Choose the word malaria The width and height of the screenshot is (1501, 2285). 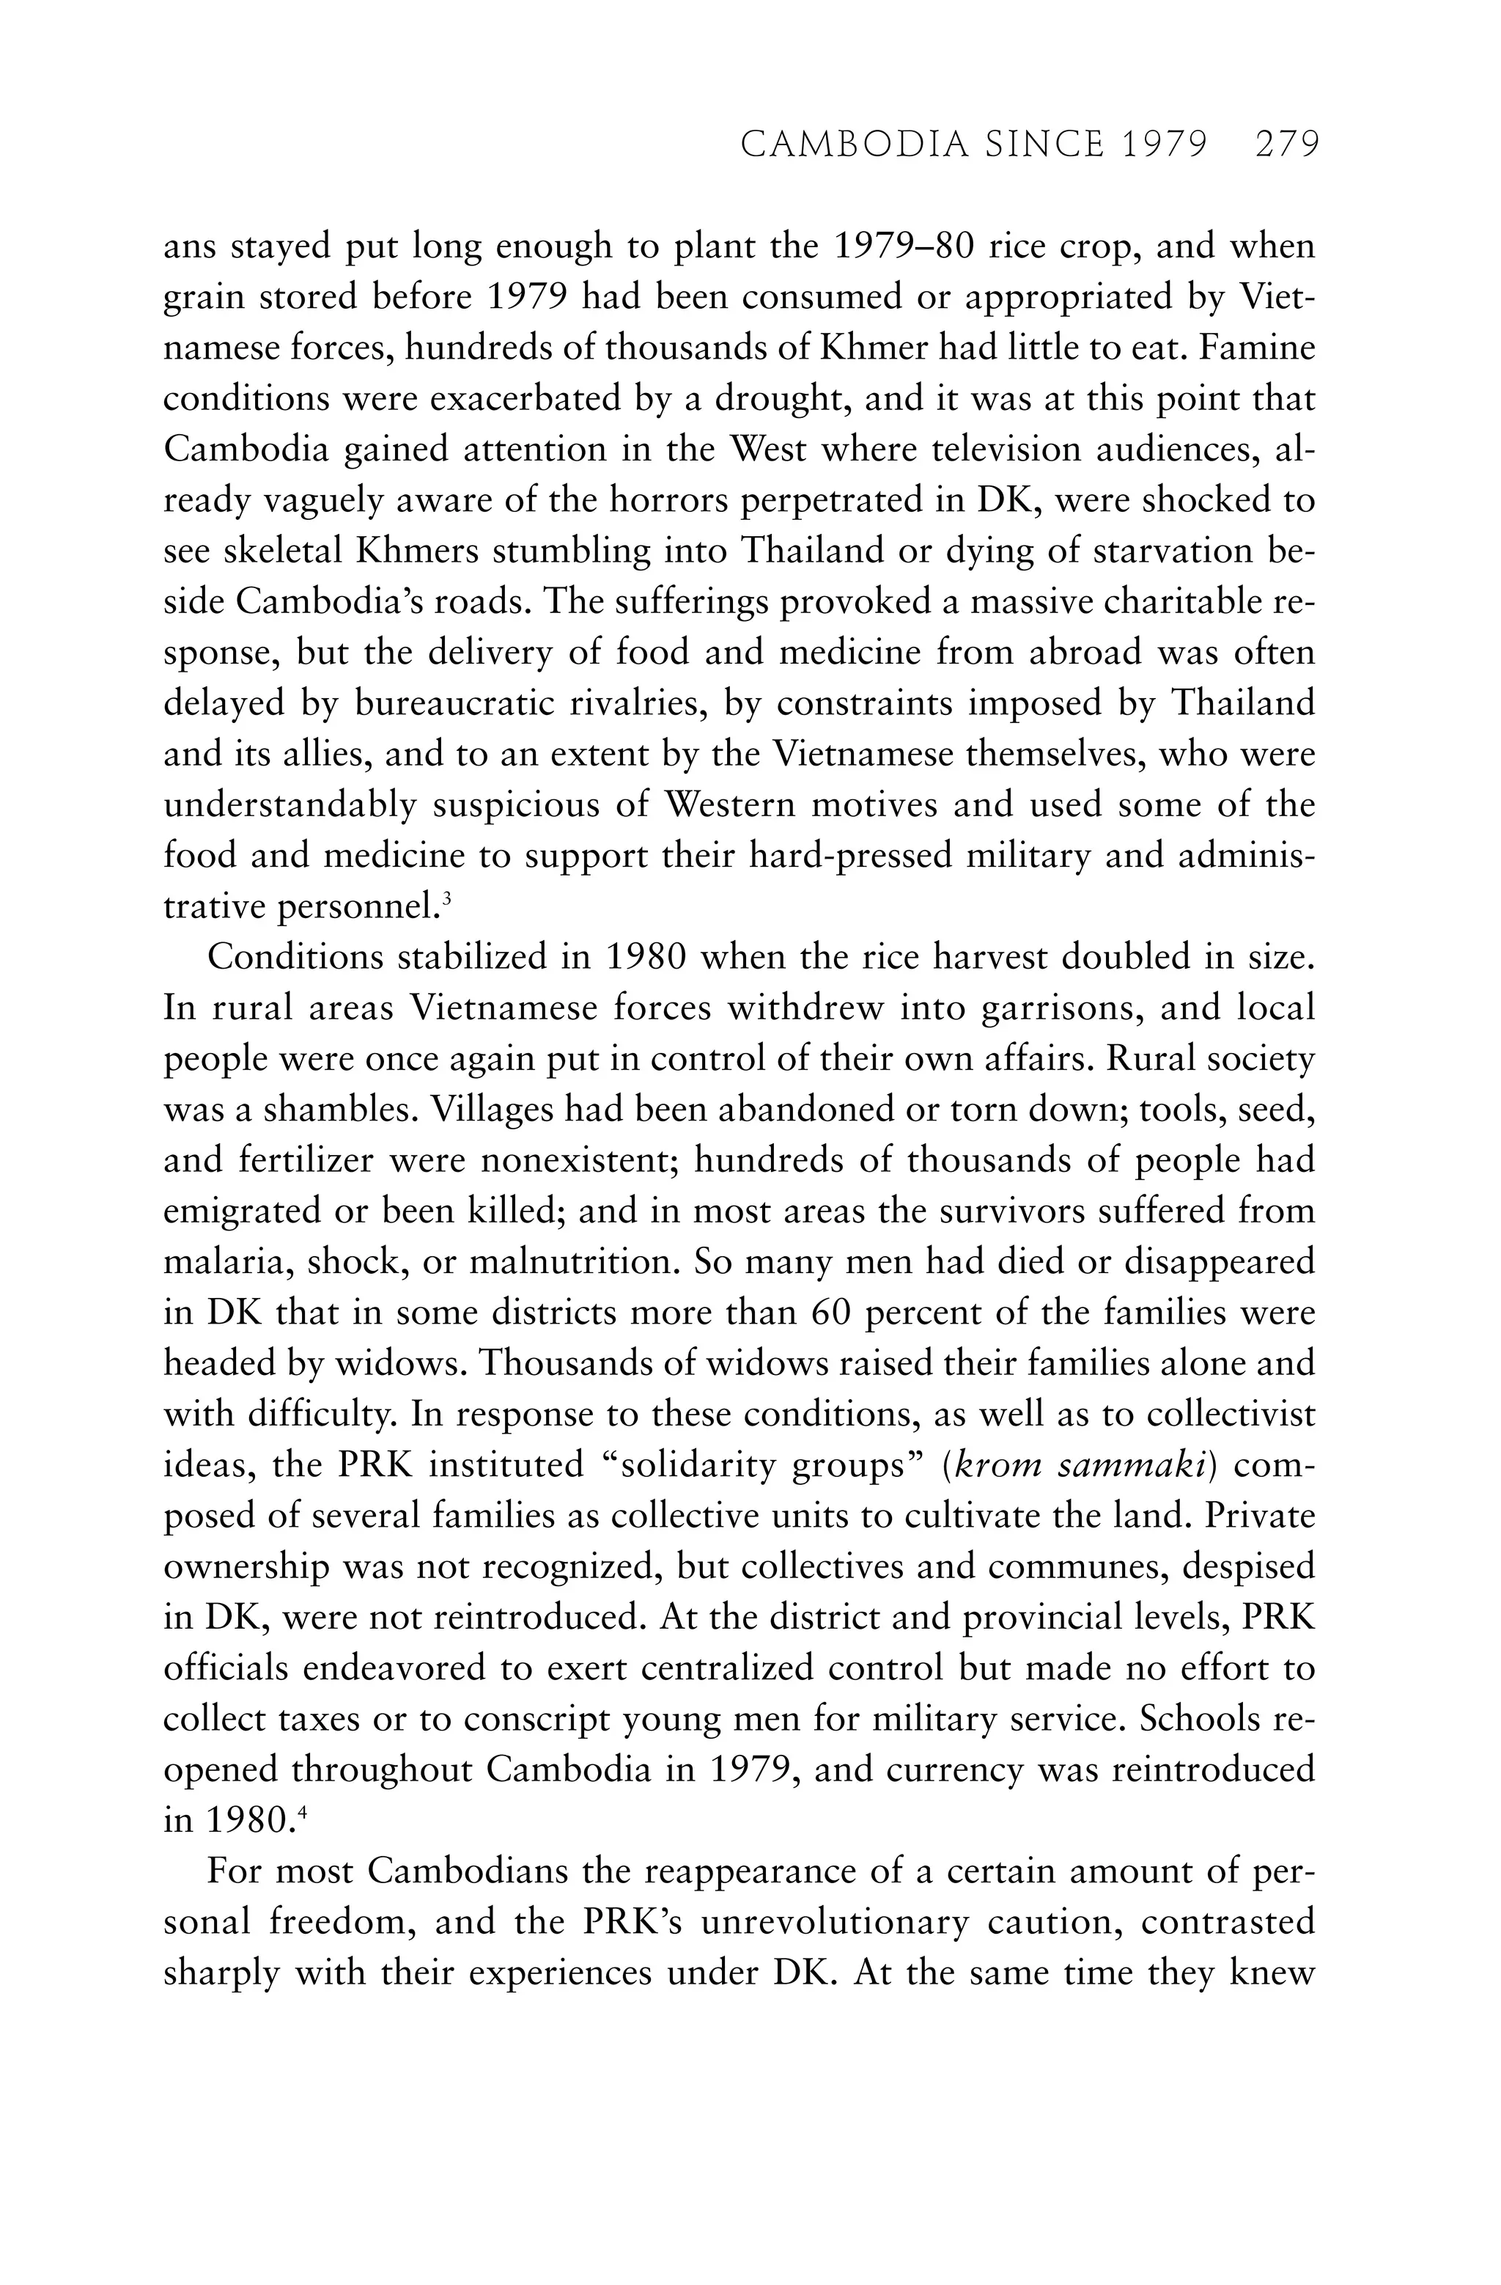coord(226,1261)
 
